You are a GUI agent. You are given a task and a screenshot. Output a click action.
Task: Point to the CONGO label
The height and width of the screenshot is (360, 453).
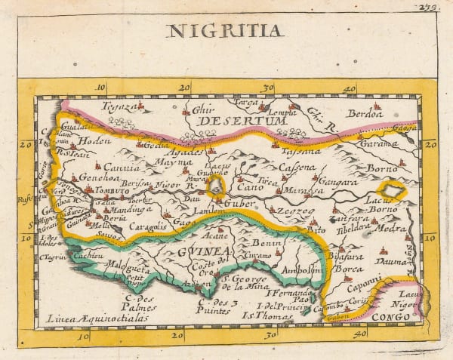tap(393, 318)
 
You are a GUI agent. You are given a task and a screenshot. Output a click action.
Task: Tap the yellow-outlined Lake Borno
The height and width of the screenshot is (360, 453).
tap(392, 192)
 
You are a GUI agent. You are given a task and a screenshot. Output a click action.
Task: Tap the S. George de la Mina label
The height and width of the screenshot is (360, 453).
tap(246, 284)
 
